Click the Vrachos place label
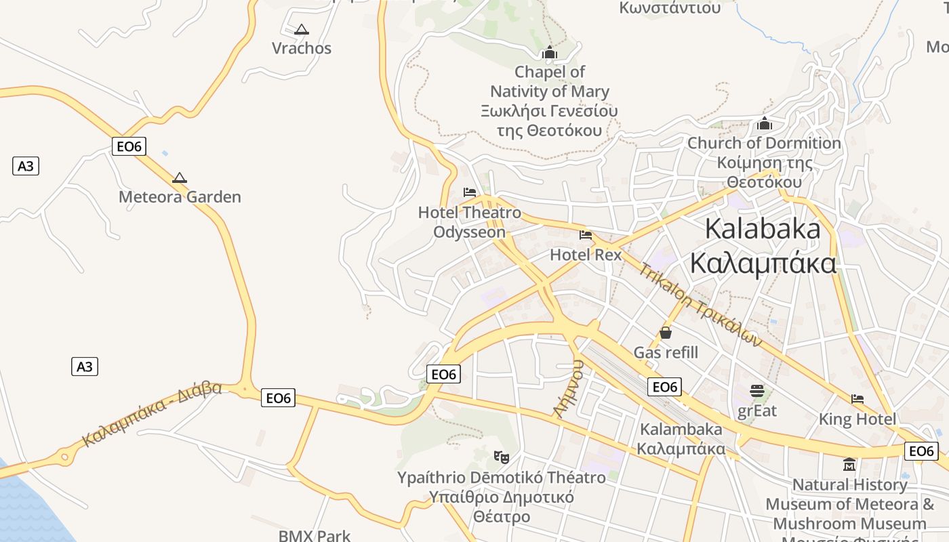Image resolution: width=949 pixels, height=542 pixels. point(302,48)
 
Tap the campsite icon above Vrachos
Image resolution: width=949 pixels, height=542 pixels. point(302,29)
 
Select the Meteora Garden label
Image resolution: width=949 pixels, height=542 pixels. point(180,197)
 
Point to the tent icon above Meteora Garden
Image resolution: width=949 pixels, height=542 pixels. point(179,178)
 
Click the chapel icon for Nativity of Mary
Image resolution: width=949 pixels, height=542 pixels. point(549,53)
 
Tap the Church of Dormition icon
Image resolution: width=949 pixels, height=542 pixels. point(765,124)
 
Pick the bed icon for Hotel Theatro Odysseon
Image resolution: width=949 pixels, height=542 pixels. point(470,192)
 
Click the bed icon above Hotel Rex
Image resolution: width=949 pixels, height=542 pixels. point(586,235)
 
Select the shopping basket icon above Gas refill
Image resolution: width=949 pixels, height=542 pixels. point(666,333)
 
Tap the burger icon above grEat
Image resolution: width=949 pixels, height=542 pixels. point(757,391)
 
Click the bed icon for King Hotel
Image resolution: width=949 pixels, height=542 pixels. point(857,399)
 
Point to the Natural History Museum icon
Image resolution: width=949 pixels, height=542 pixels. point(849,465)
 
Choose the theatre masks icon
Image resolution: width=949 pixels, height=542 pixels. point(502,457)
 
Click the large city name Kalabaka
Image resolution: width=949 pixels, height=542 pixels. point(763,229)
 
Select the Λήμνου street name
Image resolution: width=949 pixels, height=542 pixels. point(568,389)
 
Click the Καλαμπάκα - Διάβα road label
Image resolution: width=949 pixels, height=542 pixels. point(152,414)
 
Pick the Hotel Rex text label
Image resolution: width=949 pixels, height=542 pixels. point(586,255)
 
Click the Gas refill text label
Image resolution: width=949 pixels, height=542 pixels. point(666,352)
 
